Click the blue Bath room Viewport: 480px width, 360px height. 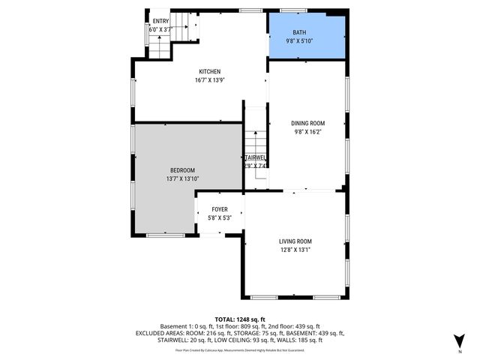307,35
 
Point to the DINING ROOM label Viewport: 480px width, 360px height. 307,123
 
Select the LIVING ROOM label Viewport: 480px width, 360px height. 295,241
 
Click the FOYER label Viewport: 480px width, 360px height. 219,210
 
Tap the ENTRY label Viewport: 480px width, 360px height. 161,21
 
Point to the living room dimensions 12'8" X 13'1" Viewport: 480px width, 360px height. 295,250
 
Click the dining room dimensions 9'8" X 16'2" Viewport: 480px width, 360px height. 307,131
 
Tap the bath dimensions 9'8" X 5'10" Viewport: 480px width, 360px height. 307,41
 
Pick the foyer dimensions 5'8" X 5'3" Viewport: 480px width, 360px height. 219,218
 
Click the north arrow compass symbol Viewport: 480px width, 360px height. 459,343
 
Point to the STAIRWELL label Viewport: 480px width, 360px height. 255,158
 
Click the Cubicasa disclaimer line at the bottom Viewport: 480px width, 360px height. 240,349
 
